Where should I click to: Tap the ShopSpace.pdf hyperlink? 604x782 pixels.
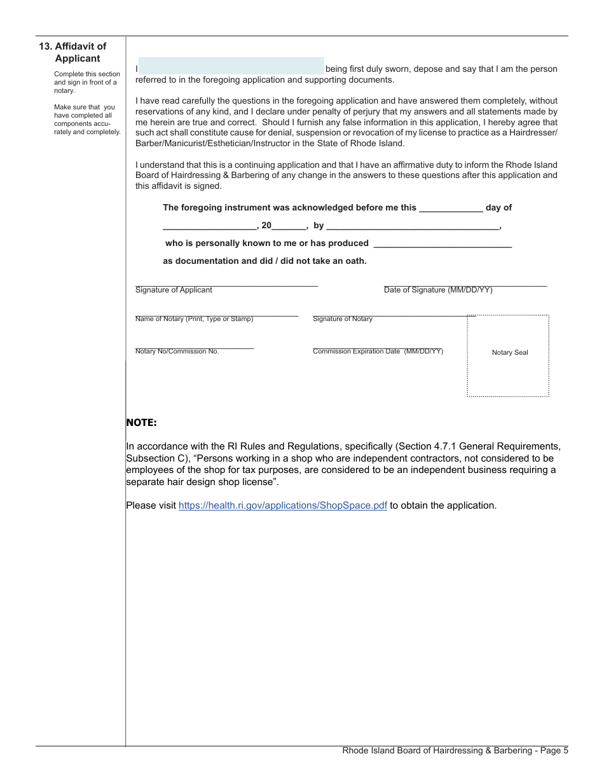283,505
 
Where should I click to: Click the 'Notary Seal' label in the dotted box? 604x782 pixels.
510,353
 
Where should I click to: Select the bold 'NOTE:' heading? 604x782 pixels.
141,423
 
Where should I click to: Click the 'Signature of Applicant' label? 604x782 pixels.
174,290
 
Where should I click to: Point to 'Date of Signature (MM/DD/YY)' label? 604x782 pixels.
438,290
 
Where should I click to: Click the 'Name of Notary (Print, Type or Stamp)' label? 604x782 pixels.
194,319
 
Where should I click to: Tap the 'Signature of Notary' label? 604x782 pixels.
343,319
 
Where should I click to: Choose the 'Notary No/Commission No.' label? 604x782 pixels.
177,352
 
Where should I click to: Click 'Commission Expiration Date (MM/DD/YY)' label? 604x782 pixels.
378,352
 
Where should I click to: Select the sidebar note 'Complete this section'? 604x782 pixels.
86,74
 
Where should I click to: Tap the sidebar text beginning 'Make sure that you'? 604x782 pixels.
85,107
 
